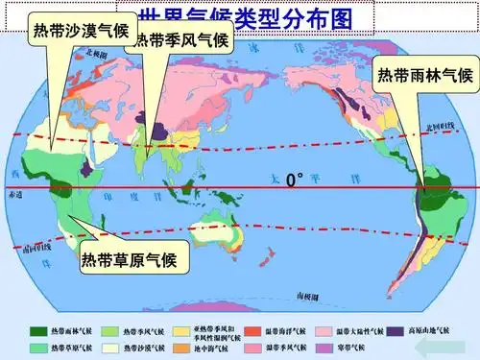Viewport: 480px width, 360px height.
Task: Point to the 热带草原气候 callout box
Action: click(x=128, y=258)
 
